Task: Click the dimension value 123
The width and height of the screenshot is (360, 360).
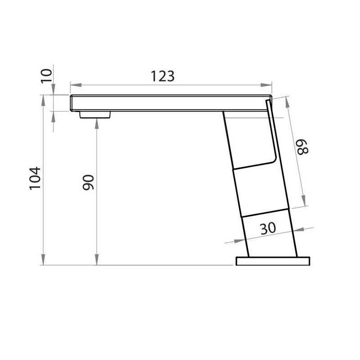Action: point(162,76)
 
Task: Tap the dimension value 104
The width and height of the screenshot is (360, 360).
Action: point(35,178)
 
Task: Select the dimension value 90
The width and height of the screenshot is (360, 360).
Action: point(88,182)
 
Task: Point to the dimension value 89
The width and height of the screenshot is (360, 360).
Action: point(302,147)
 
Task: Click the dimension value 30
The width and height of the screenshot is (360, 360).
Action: point(268,228)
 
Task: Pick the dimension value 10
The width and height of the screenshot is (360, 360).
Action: point(46,76)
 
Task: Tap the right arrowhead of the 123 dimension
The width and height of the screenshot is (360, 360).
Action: point(266,85)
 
